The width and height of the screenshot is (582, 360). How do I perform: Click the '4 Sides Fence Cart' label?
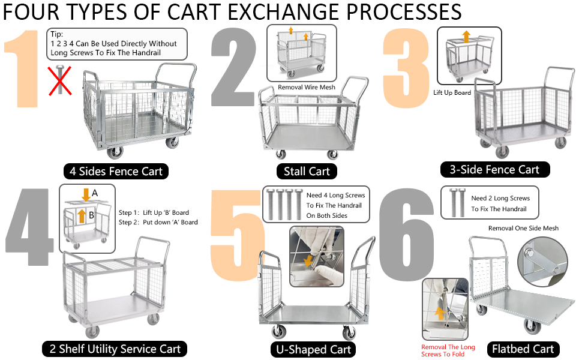pos(116,172)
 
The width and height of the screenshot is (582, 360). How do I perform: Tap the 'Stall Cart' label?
pos(307,172)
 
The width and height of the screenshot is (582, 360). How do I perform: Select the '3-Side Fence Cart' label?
pos(494,170)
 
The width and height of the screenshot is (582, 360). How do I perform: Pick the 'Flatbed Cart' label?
pos(523,349)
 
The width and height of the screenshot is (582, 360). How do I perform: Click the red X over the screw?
pos(61,81)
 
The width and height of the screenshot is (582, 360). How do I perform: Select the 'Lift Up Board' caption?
pos(452,93)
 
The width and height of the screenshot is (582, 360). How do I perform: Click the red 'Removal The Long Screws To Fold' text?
pos(448,351)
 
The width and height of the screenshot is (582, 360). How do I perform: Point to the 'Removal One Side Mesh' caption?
pos(523,229)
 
